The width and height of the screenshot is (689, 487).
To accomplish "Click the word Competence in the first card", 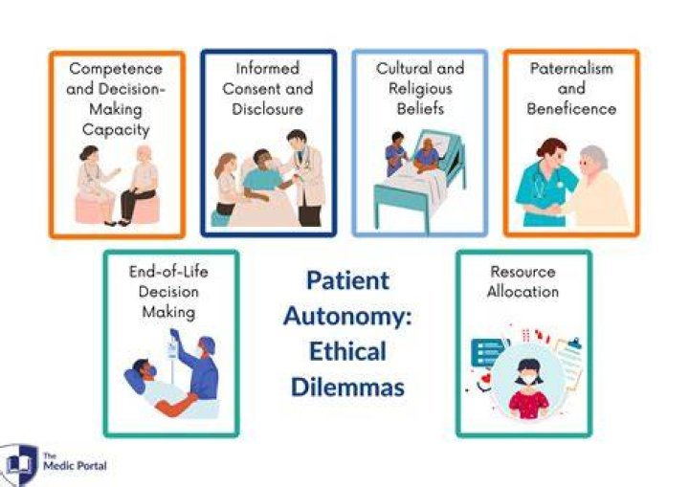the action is pos(116,69).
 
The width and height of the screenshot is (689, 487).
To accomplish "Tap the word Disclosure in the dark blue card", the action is pos(268,109).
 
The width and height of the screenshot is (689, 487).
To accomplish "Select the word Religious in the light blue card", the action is pos(420,89).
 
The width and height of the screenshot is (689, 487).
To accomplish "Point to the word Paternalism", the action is pos(571,68).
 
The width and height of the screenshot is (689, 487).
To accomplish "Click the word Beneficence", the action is pos(571,109).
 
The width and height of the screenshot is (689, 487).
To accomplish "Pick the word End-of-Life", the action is pos(168,272).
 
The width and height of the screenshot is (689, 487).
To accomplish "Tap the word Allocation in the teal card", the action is pos(522,292).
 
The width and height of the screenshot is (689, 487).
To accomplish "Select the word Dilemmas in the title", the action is pos(347,387).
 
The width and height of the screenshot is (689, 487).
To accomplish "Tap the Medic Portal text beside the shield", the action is pos(75,462).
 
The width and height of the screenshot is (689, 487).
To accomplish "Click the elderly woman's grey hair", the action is pos(595,157).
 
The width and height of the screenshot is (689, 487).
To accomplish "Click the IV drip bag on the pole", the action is pos(172,349).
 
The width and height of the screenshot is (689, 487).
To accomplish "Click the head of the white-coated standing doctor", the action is pos(297,139).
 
